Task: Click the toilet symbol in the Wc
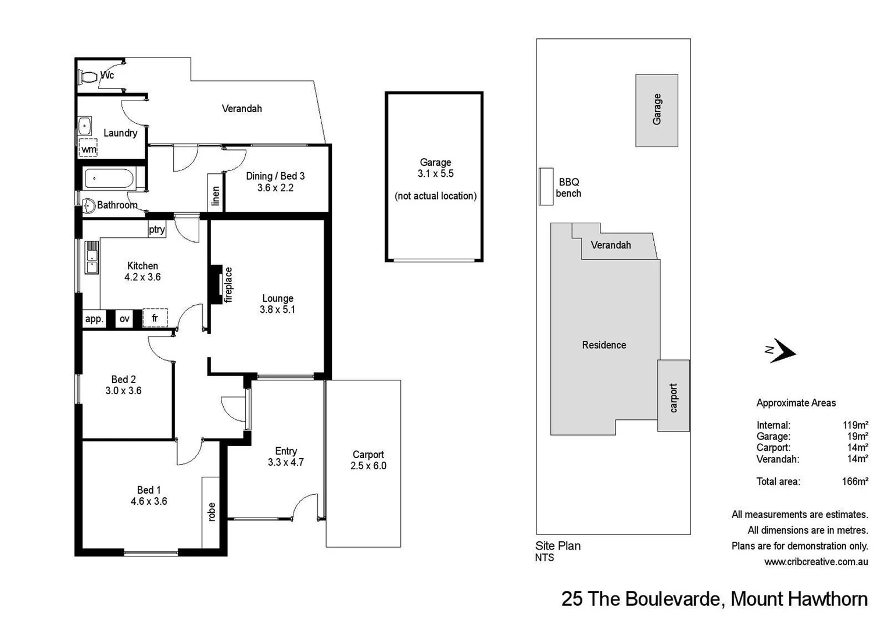coord(88,76)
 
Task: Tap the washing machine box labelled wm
coord(88,149)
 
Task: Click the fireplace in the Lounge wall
coord(217,284)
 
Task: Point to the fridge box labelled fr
coord(155,318)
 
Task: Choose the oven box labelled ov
coord(124,319)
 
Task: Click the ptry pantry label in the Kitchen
coord(156,230)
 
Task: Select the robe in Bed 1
coord(211,512)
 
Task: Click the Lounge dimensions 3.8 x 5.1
coord(277,310)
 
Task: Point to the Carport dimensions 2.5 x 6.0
coord(368,466)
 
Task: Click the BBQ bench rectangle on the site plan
coord(546,187)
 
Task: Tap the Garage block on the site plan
coord(656,110)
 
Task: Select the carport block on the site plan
coord(674,395)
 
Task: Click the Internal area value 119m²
coord(857,425)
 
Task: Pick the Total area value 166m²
coord(855,481)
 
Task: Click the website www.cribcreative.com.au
coord(816,562)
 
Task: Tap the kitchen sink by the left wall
coord(92,258)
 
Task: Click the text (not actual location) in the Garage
coord(435,196)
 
